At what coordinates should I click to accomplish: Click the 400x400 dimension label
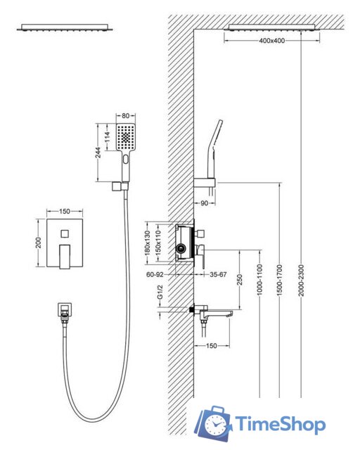(272, 41)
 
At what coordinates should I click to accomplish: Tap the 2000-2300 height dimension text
(301, 281)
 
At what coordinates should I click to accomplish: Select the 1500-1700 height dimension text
(280, 281)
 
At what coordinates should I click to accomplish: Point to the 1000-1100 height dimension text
(259, 280)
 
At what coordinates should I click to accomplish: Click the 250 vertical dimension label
(240, 280)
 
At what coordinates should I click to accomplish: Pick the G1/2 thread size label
(160, 292)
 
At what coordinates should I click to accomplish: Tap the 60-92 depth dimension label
(155, 275)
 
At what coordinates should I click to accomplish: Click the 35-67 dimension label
(218, 275)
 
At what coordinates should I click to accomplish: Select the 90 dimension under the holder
(204, 203)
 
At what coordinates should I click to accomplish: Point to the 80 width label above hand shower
(125, 116)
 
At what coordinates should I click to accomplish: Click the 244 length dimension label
(98, 153)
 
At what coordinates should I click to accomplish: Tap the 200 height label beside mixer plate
(39, 243)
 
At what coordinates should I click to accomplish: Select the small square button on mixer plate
(65, 233)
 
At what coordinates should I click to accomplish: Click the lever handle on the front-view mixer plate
(65, 257)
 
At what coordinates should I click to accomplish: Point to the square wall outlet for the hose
(65, 309)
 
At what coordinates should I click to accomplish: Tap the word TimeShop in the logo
(281, 424)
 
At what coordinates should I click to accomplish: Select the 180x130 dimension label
(147, 243)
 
